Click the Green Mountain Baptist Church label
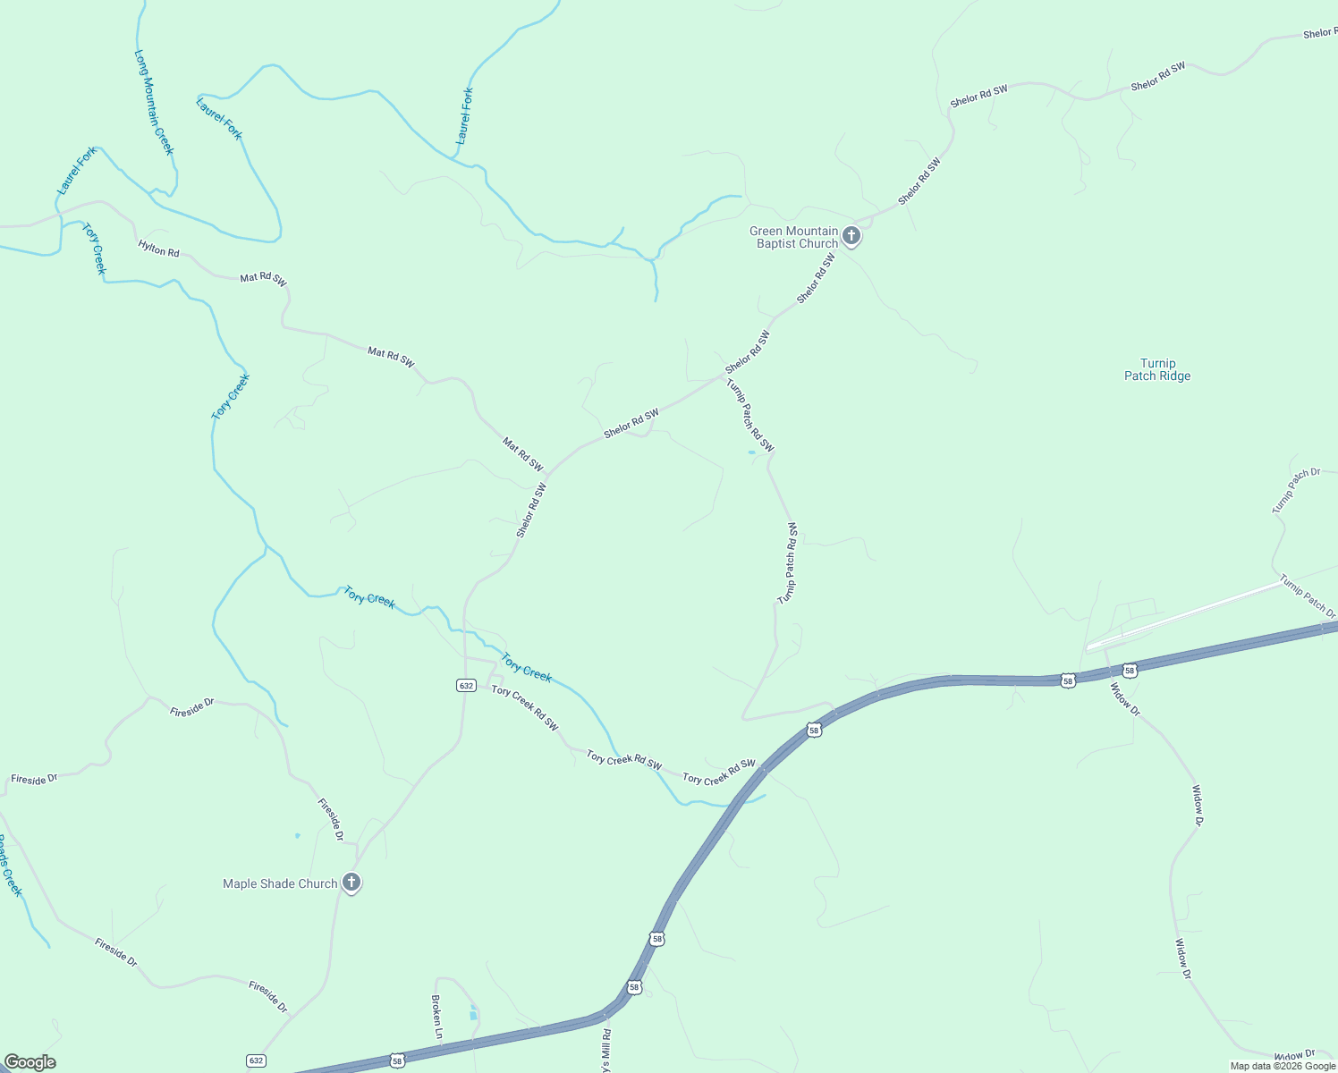point(793,237)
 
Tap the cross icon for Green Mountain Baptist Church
point(851,236)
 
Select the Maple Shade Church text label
point(280,883)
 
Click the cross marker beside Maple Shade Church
point(351,883)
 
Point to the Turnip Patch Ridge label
point(1157,369)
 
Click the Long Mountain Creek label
point(153,102)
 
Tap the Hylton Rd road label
point(158,249)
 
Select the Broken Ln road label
point(437,1016)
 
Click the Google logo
point(30,1062)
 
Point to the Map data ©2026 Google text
point(1283,1066)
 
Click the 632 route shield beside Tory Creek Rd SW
point(465,686)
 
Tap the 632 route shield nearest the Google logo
point(257,1060)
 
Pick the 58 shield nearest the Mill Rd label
point(634,987)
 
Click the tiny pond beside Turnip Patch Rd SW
point(751,452)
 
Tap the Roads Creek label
point(9,865)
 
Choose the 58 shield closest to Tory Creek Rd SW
point(813,731)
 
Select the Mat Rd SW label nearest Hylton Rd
point(263,280)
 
